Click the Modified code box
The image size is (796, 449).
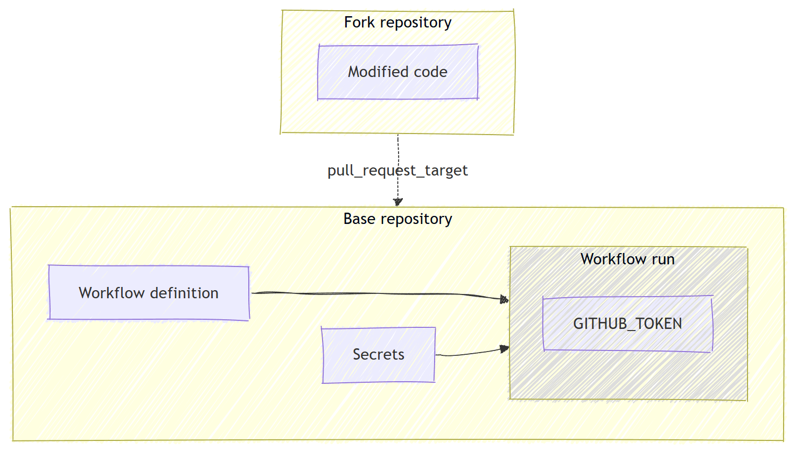pyautogui.click(x=398, y=72)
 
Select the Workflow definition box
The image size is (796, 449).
pyautogui.click(x=149, y=293)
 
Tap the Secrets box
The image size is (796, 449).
pyautogui.click(x=378, y=355)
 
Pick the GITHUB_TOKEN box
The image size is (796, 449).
pyautogui.click(x=627, y=324)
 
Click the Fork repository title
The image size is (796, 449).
pyautogui.click(x=397, y=23)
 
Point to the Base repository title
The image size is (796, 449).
pyautogui.click(x=397, y=219)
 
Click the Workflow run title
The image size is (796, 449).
pyautogui.click(x=627, y=259)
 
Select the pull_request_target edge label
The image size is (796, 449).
pyautogui.click(x=397, y=171)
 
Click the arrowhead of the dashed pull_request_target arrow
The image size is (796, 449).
pyautogui.click(x=398, y=202)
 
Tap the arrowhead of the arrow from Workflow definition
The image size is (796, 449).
pyautogui.click(x=505, y=299)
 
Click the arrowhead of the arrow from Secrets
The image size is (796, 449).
pyautogui.click(x=505, y=349)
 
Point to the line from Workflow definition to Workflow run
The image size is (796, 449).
pyautogui.click(x=377, y=294)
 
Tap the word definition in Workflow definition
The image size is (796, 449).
pyautogui.click(x=184, y=293)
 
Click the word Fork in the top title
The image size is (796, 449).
pyautogui.click(x=359, y=23)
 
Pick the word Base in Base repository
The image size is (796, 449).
pyautogui.click(x=359, y=219)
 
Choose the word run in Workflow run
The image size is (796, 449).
pyautogui.click(x=663, y=259)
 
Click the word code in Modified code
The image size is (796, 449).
pyautogui.click(x=430, y=72)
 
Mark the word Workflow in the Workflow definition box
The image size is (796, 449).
pyautogui.click(x=111, y=293)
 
